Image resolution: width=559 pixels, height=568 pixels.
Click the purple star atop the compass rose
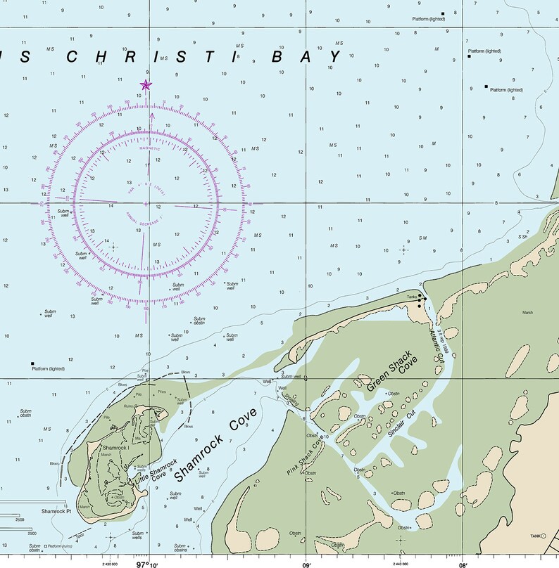(146, 85)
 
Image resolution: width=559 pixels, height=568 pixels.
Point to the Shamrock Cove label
(215, 448)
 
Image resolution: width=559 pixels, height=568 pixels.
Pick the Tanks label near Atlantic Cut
(412, 297)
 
